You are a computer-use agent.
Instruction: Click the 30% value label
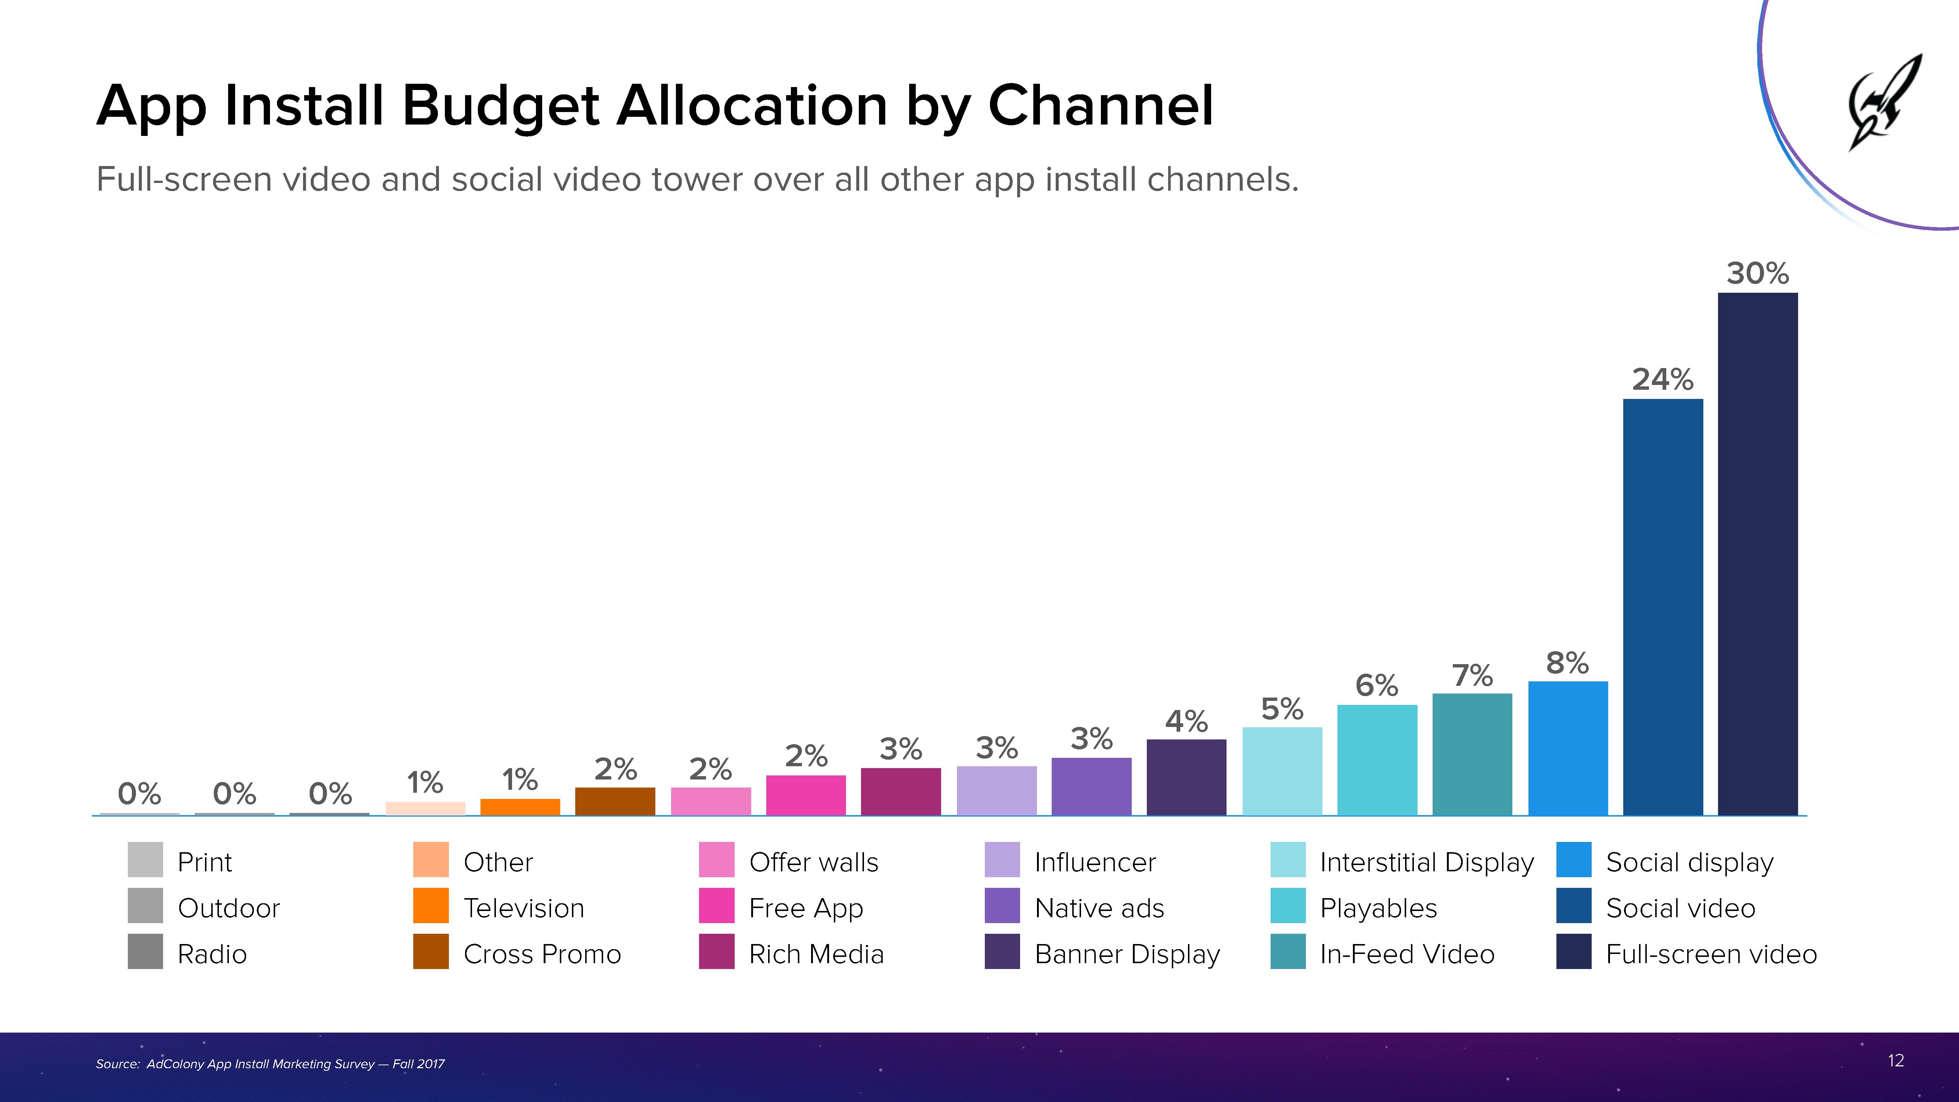(x=1757, y=273)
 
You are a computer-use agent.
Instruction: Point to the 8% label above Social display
(x=1567, y=663)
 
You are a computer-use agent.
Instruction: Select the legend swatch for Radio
(x=145, y=951)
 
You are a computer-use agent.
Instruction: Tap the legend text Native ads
(x=1099, y=908)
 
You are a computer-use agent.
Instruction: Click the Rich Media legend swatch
(x=716, y=951)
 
